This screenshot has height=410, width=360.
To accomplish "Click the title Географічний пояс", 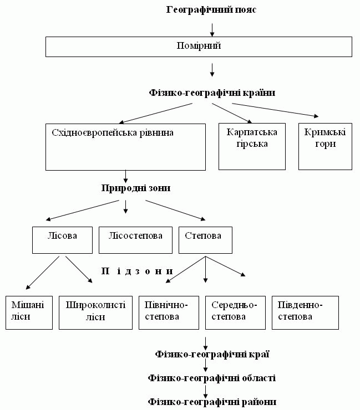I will pyautogui.click(x=211, y=10).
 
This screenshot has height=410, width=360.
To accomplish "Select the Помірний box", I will pyautogui.click(x=198, y=47).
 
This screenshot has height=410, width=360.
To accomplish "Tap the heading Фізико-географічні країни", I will pyautogui.click(x=212, y=93).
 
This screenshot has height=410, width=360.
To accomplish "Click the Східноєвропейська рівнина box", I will pyautogui.click(x=125, y=146).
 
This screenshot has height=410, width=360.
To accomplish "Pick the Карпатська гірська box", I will pyautogui.click(x=252, y=146).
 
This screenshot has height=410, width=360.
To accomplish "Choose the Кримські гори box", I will pyautogui.click(x=325, y=146).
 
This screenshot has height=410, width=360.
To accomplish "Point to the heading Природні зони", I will pyautogui.click(x=135, y=188).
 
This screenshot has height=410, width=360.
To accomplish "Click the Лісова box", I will pyautogui.click(x=62, y=240).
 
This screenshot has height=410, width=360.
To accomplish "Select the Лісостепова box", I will pyautogui.click(x=134, y=240).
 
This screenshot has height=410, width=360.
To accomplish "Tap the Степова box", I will pyautogui.click(x=205, y=240).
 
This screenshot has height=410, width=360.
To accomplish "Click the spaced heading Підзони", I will pyautogui.click(x=137, y=271).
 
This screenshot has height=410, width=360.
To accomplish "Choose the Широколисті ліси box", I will pyautogui.click(x=95, y=312).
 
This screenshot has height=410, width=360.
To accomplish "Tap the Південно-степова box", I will pyautogui.click(x=305, y=312).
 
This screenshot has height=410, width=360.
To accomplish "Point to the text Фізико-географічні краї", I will pyautogui.click(x=212, y=353).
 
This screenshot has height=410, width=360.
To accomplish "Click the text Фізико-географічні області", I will pyautogui.click(x=212, y=378).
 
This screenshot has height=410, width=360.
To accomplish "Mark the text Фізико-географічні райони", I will pyautogui.click(x=212, y=402).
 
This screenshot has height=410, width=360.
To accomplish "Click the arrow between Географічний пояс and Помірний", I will pyautogui.click(x=212, y=29).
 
